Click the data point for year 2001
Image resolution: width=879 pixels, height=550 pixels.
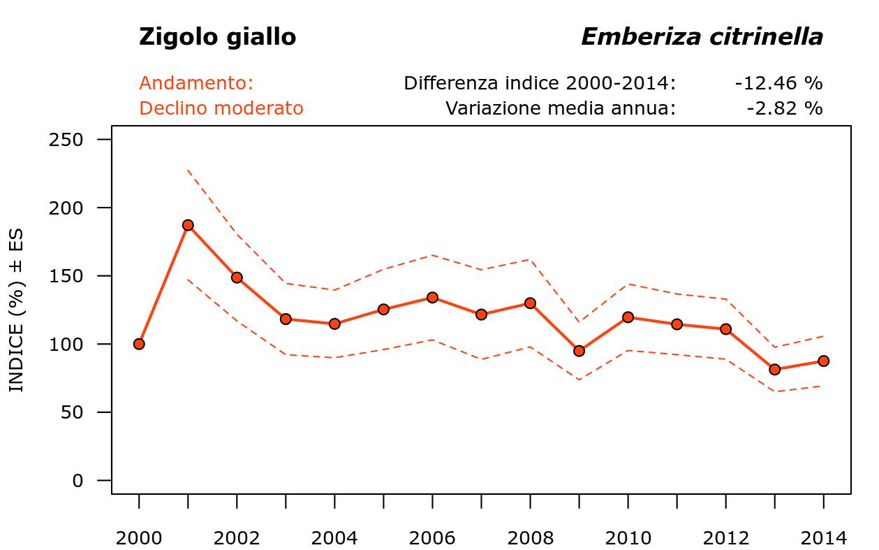188,225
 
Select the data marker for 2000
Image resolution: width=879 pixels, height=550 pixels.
139,344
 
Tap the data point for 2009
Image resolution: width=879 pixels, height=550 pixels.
579,351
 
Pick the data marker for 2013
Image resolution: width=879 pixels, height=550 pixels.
774,369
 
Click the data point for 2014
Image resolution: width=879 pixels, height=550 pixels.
823,361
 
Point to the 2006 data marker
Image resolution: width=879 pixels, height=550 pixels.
432,298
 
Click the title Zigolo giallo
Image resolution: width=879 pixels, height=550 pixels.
217,37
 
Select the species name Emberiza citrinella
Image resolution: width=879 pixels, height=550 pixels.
702,37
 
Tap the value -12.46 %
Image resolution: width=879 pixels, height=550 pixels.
778,83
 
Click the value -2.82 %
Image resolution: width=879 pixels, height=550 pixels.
784,108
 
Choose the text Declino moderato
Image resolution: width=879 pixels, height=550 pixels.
221,108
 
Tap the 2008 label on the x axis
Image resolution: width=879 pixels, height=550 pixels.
530,538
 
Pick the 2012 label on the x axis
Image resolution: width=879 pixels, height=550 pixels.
725,538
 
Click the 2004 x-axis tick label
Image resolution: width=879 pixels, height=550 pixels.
334,538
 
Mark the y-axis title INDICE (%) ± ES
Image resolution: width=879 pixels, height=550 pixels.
16,310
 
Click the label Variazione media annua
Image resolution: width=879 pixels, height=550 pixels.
561,108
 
